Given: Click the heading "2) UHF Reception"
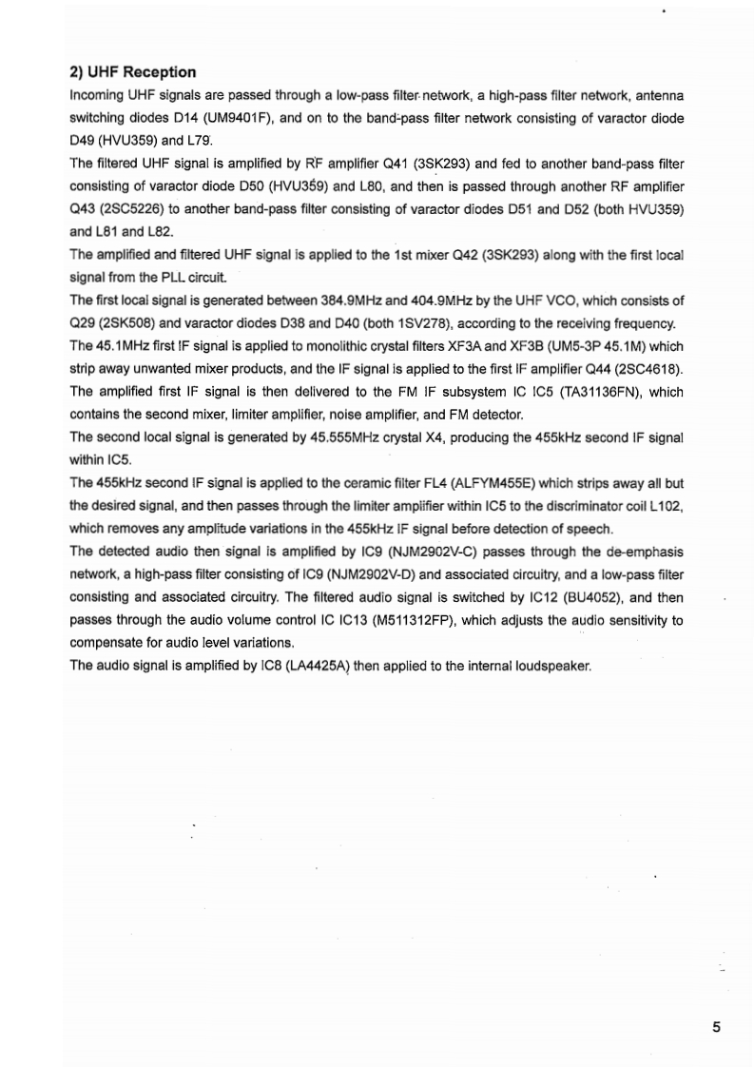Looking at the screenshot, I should pos(133,72).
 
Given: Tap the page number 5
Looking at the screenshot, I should pos(716,1026).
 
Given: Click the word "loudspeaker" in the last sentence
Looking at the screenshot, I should pos(551,666).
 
